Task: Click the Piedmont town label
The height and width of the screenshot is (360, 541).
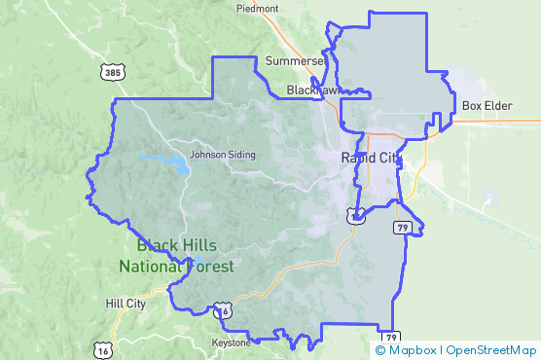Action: [257, 8]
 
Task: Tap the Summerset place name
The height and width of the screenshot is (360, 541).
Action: [293, 60]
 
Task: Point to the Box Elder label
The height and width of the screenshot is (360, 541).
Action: [487, 105]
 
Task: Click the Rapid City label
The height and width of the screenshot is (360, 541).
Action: [370, 158]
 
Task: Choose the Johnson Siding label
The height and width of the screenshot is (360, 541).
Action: [223, 154]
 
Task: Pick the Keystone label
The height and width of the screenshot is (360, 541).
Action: [232, 342]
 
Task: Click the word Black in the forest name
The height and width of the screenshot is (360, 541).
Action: [158, 245]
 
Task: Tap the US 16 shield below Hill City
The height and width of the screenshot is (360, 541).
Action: [103, 348]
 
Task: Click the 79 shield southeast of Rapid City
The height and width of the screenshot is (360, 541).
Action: [401, 228]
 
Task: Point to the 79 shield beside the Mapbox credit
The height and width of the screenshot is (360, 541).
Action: [391, 338]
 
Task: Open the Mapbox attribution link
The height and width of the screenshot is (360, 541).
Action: [412, 348]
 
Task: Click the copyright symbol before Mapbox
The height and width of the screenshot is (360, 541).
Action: [380, 348]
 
